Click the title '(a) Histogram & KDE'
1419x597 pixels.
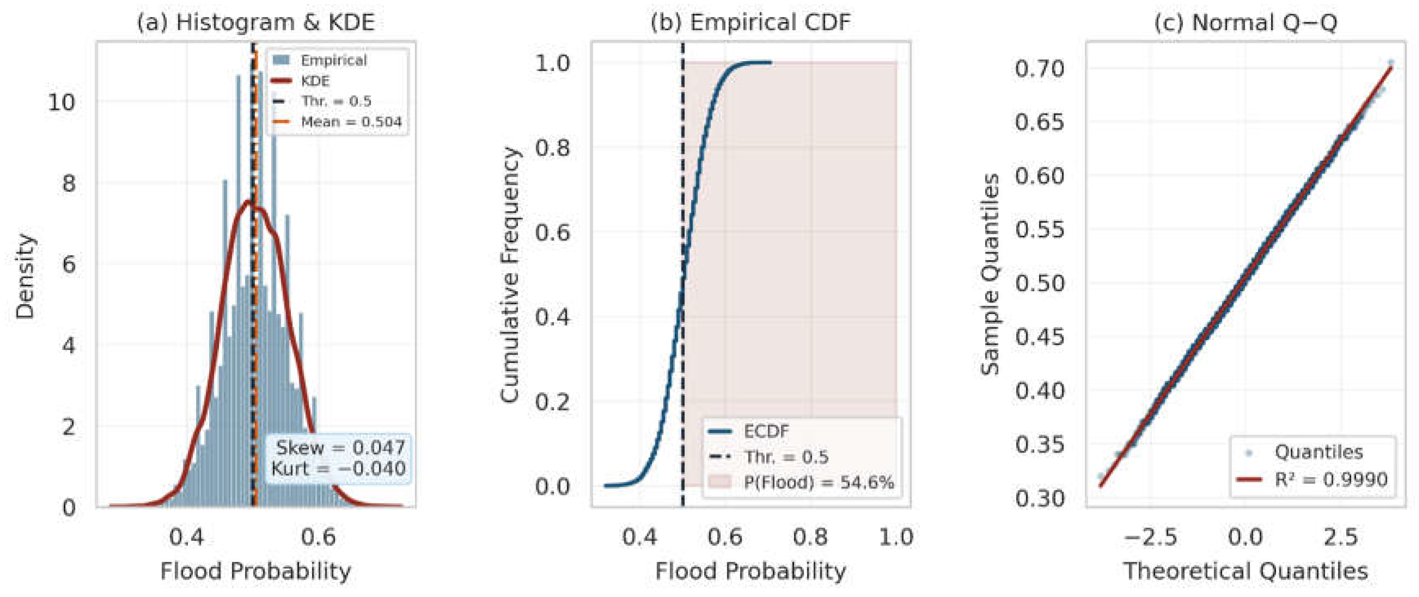coord(256,22)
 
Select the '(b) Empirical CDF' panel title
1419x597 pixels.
coord(750,22)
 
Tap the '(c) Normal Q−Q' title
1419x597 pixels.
coord(1245,22)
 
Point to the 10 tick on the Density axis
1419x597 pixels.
coord(62,102)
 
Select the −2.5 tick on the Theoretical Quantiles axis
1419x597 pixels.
coord(1150,537)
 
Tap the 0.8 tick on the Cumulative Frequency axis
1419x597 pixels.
coord(552,147)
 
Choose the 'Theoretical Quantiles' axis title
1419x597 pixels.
coord(1245,571)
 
